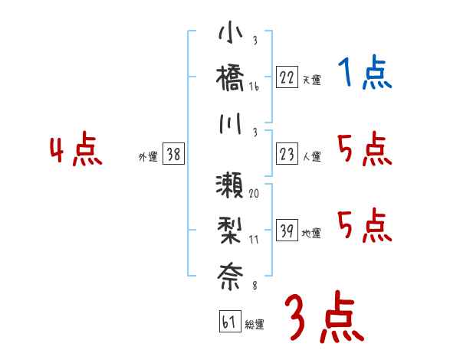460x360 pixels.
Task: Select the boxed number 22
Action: (x=287, y=77)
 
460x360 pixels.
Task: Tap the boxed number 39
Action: (x=287, y=231)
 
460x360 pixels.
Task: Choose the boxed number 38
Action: (x=173, y=155)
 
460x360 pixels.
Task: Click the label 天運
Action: (x=311, y=80)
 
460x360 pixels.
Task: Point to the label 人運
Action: (x=311, y=157)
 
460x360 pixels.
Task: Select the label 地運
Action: (x=311, y=233)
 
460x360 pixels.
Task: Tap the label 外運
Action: (x=148, y=157)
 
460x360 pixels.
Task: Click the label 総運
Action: (x=255, y=323)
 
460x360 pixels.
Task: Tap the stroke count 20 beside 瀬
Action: (x=254, y=193)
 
